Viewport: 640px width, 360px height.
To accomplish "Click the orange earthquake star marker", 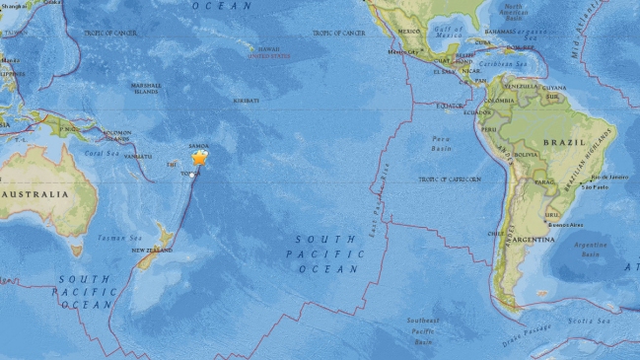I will click(200, 157).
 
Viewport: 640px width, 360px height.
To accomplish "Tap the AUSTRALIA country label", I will click(36, 194).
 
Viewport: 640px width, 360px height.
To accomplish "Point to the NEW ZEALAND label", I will click(152, 251).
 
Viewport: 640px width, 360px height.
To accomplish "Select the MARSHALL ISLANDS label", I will click(145, 89).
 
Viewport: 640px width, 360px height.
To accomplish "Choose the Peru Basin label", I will click(441, 145).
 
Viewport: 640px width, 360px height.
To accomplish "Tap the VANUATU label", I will click(139, 156).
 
